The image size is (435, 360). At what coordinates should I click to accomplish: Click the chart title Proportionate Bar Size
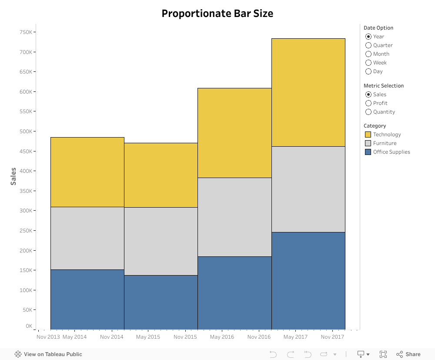tap(217, 13)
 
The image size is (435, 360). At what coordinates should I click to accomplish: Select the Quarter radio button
tap(368, 45)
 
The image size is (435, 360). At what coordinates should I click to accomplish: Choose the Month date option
tap(368, 54)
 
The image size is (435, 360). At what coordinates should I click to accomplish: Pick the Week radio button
tap(368, 63)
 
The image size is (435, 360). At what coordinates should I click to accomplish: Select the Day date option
tap(368, 71)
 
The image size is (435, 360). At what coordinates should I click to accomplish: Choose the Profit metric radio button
tap(368, 103)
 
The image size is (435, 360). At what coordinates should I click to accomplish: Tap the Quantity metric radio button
tap(368, 112)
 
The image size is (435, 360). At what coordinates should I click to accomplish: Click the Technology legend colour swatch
tap(368, 135)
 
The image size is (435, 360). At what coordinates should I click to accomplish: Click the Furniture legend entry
tap(385, 143)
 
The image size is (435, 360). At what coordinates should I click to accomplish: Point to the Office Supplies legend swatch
tap(368, 152)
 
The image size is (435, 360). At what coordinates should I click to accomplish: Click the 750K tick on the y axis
tap(25, 32)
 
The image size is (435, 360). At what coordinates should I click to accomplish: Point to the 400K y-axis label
tap(25, 171)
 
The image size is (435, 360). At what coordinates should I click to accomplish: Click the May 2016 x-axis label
tap(222, 337)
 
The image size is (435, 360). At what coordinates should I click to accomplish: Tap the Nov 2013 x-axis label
tap(48, 337)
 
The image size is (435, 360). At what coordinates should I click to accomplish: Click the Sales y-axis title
tap(13, 176)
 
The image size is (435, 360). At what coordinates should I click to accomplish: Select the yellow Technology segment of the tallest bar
tap(308, 92)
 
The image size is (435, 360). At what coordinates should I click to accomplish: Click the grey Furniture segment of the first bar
tap(87, 238)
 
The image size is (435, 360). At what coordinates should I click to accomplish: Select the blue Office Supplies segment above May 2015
tap(161, 302)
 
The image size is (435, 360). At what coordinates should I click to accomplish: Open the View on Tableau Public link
tap(48, 354)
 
